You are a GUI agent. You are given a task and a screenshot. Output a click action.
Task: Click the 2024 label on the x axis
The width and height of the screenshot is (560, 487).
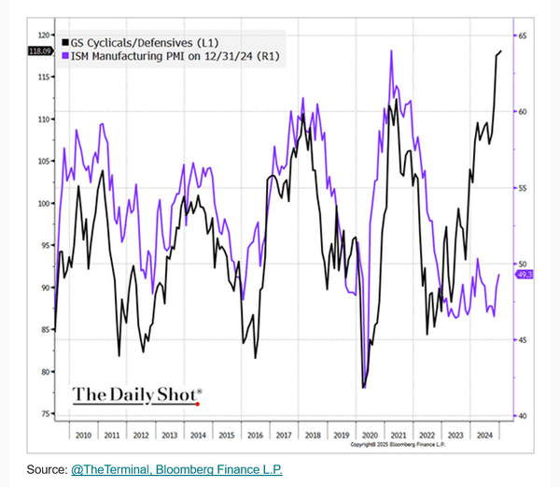point(484,436)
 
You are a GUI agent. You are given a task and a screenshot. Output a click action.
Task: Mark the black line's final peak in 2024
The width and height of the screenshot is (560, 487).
point(500,51)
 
